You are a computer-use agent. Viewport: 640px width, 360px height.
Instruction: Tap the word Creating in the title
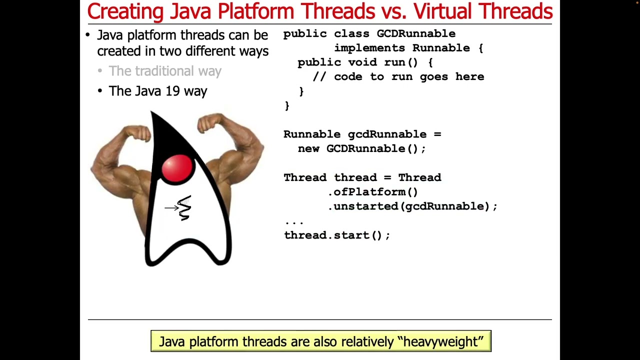(x=126, y=11)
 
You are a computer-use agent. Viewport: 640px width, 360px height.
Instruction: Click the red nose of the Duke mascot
(x=176, y=168)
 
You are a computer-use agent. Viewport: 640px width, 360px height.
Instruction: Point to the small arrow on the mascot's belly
(x=171, y=207)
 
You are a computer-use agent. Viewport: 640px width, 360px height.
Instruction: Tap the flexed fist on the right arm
(x=210, y=122)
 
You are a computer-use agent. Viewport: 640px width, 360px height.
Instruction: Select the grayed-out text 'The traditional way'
(x=165, y=71)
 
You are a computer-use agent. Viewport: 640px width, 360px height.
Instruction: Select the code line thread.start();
(x=337, y=235)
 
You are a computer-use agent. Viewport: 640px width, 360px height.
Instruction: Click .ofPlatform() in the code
(x=373, y=192)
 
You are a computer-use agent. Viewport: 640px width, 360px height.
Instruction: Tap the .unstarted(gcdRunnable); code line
(x=412, y=206)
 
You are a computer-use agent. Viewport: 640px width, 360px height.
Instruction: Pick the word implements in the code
(x=369, y=48)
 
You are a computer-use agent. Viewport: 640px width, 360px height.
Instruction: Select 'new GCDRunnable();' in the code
(x=361, y=148)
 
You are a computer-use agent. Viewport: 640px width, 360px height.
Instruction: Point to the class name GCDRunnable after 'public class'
(x=416, y=33)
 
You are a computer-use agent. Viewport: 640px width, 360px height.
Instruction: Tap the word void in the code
(x=362, y=62)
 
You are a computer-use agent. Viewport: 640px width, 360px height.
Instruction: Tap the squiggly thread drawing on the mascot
(x=185, y=208)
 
